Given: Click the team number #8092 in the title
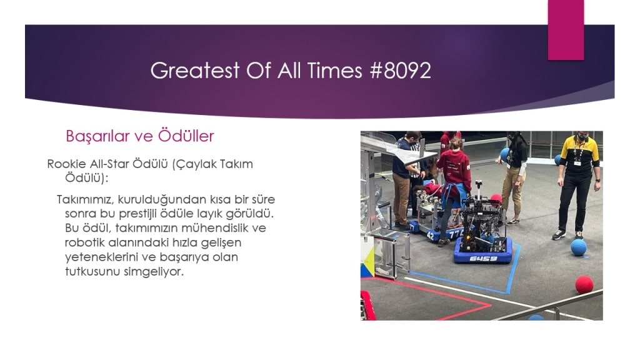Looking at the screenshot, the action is pyautogui.click(x=401, y=70).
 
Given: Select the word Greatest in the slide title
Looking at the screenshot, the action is pyautogui.click(x=195, y=70).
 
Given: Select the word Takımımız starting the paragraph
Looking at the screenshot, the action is pyautogui.click(x=86, y=199).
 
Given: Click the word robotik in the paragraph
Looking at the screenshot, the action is pyautogui.click(x=85, y=242).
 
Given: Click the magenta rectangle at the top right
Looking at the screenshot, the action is pyautogui.click(x=566, y=30).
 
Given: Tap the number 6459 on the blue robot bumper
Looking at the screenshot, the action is pyautogui.click(x=483, y=258).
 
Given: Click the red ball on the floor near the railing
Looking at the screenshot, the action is pyautogui.click(x=584, y=284).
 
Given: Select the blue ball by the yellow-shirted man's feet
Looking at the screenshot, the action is pyautogui.click(x=578, y=247).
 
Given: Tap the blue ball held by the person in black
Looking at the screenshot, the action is pyautogui.click(x=504, y=154).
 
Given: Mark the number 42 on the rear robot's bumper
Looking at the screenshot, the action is pyautogui.click(x=430, y=236).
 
